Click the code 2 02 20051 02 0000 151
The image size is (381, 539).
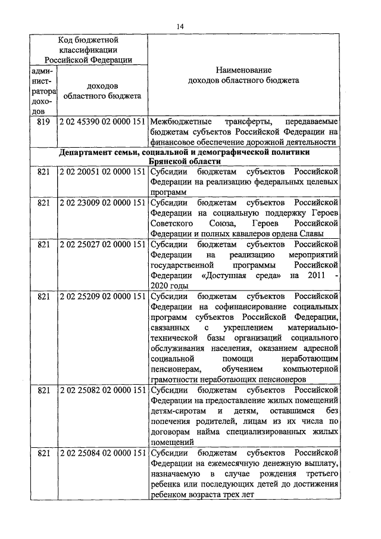pyautogui.click(x=102, y=172)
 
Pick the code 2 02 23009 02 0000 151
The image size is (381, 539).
pyautogui.click(x=102, y=202)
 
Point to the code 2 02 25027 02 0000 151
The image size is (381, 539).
pyautogui.click(x=102, y=244)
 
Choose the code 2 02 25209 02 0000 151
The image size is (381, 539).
pyautogui.click(x=102, y=296)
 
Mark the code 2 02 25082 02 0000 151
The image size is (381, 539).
pyautogui.click(x=102, y=390)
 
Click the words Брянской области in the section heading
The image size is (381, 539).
pyautogui.click(x=185, y=161)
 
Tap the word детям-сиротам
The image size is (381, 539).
pyautogui.click(x=177, y=411)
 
